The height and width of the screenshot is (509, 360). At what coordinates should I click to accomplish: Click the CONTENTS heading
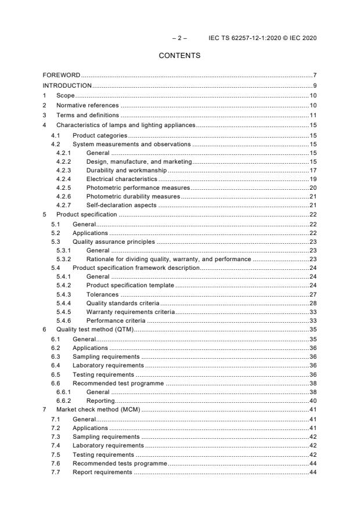tap(179, 56)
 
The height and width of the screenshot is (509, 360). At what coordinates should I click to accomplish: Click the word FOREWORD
tap(62, 75)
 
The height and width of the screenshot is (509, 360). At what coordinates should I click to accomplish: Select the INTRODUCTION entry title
tap(67, 85)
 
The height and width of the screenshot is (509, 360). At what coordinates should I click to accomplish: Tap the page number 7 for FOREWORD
tap(314, 75)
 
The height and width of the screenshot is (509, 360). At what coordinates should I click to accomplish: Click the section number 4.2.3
tap(64, 170)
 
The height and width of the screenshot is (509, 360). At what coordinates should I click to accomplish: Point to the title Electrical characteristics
tap(121, 180)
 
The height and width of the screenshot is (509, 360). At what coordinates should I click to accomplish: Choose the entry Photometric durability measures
tap(133, 197)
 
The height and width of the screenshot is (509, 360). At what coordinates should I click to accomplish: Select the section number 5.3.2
tap(64, 259)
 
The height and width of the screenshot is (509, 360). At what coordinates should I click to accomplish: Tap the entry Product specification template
tap(130, 285)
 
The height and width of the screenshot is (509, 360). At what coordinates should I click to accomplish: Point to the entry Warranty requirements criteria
tap(130, 312)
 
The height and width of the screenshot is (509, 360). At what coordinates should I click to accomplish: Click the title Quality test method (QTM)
tap(95, 329)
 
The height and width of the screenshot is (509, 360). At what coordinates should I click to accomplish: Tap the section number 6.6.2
tap(64, 401)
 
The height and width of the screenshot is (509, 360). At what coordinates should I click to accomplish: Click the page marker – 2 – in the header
tap(179, 38)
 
